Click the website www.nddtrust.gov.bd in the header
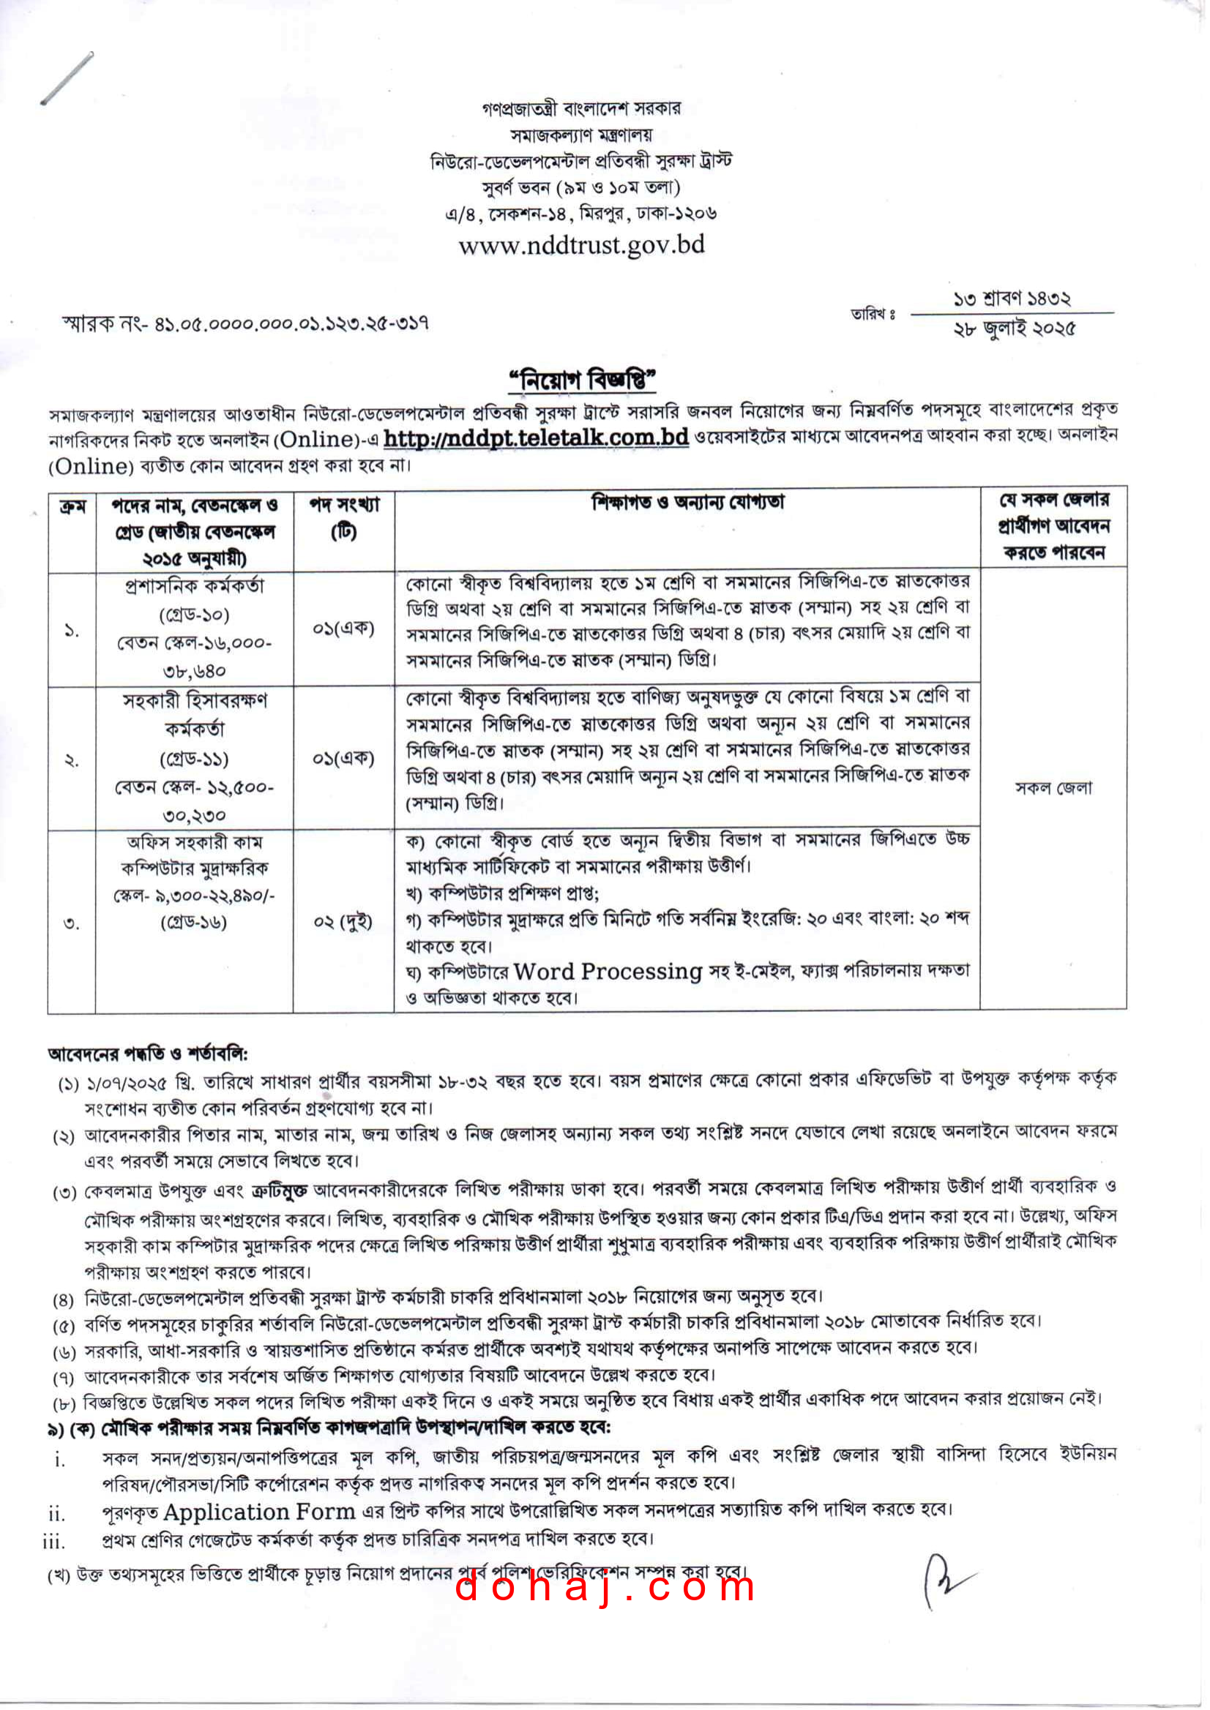[581, 245]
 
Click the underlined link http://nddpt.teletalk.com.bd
[536, 438]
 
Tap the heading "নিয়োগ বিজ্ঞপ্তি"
[582, 380]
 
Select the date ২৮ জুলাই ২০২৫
[1015, 329]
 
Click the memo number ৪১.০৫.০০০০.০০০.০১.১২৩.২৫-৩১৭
[291, 324]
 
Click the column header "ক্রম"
[72, 507]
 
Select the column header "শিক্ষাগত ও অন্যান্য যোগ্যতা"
[687, 503]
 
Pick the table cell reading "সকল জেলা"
[1053, 788]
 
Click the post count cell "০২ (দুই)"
[343, 922]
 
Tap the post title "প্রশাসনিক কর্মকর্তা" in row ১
[194, 587]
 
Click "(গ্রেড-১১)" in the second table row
[194, 759]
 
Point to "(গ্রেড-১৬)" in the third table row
[194, 923]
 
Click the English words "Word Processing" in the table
[608, 972]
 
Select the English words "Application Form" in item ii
[258, 1512]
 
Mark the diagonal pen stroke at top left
[67, 78]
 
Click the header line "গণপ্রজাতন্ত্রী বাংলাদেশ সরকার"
[581, 109]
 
